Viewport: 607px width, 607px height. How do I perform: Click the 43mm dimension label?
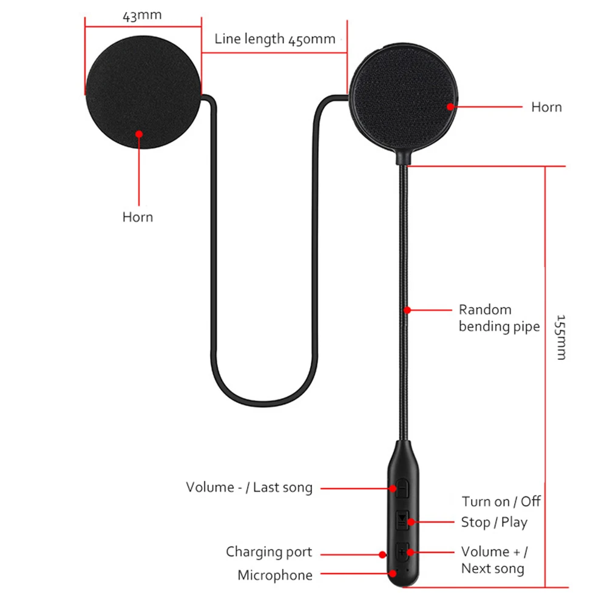(x=142, y=16)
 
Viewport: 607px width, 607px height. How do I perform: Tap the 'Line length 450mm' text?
(x=275, y=39)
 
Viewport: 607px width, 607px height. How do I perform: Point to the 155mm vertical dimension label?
(x=561, y=337)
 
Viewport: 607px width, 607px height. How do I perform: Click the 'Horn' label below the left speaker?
(x=138, y=217)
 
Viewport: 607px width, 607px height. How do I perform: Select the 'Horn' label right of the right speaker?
(x=546, y=107)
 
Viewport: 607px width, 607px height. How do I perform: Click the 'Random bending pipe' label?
(x=498, y=318)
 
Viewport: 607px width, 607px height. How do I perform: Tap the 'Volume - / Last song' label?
(x=249, y=487)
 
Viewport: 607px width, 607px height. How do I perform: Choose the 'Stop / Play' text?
(x=494, y=522)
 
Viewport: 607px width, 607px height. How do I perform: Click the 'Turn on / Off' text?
(x=501, y=501)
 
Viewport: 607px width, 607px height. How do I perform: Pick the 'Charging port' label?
(x=269, y=552)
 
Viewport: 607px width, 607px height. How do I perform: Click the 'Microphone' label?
(x=275, y=575)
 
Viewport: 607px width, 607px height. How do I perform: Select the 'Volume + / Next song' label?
(x=494, y=560)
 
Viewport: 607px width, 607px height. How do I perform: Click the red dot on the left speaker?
(x=139, y=134)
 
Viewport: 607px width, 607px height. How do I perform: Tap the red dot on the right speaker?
(x=450, y=106)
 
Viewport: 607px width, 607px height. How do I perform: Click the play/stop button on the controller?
(x=403, y=520)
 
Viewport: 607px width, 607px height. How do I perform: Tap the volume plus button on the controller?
(x=403, y=551)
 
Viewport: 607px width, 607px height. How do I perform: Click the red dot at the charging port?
(x=382, y=554)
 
